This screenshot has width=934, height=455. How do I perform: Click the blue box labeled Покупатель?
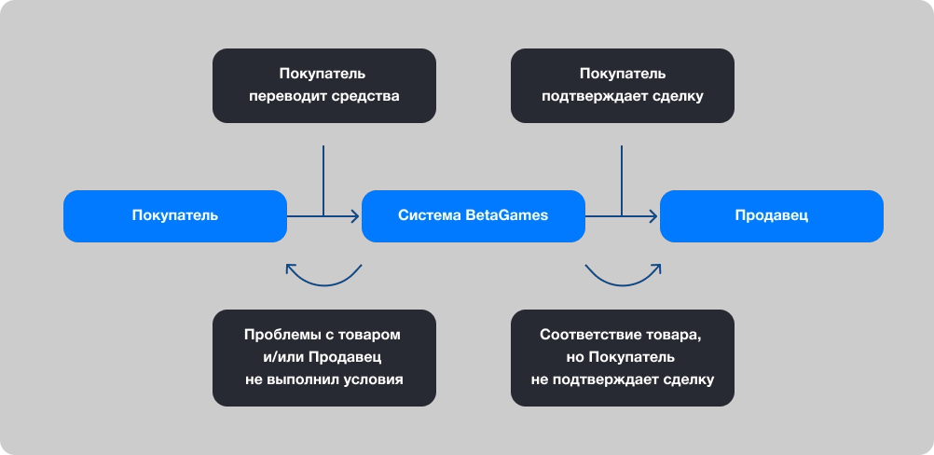tap(175, 216)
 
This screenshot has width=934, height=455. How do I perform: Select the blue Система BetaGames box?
tap(474, 216)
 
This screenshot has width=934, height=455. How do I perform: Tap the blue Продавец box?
tap(772, 216)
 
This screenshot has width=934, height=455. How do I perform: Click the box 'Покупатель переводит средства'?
tap(324, 86)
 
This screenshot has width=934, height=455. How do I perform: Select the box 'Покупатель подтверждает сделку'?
tap(623, 86)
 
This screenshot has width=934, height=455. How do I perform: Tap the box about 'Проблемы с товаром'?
tap(324, 358)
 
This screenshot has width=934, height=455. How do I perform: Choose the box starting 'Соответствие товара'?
tap(623, 358)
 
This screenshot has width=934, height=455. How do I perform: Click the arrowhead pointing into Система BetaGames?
tap(355, 216)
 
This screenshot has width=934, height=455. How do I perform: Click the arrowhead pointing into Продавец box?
tap(653, 216)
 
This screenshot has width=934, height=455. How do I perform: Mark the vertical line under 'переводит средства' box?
tap(323, 177)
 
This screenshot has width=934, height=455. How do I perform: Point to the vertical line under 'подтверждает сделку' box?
tap(622, 177)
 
